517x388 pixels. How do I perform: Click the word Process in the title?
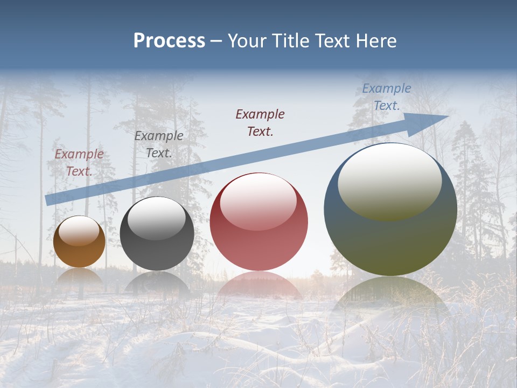click(169, 41)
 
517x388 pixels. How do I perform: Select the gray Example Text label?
click(159, 144)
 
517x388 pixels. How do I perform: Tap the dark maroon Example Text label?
click(260, 122)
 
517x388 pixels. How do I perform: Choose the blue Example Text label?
click(387, 97)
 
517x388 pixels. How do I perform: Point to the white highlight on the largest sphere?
click(389, 181)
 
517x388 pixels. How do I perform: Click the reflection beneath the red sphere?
click(259, 285)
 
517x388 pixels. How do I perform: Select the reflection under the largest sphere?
click(390, 302)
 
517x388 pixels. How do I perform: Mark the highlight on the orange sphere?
click(79, 231)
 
